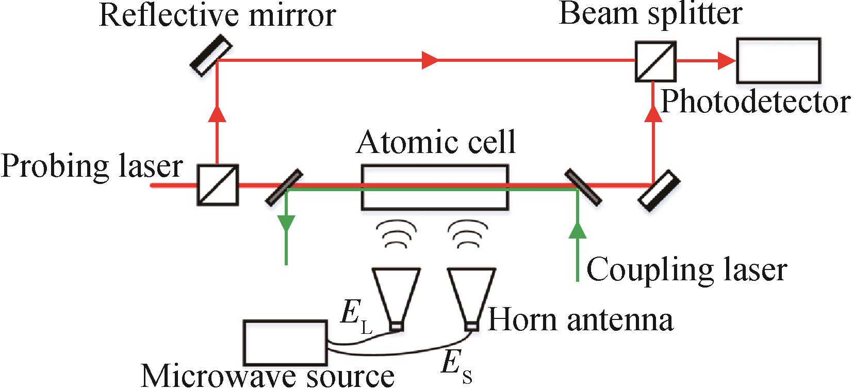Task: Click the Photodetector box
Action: click(778, 60)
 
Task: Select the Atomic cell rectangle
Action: click(434, 187)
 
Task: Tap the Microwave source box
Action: click(285, 343)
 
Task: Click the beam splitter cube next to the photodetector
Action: click(655, 61)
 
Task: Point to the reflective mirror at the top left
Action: click(210, 55)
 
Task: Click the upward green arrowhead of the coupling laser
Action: click(578, 230)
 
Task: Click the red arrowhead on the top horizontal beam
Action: click(430, 60)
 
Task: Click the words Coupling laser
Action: click(686, 269)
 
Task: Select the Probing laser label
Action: click(92, 166)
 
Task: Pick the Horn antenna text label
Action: click(580, 319)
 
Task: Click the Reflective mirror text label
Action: click(217, 15)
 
